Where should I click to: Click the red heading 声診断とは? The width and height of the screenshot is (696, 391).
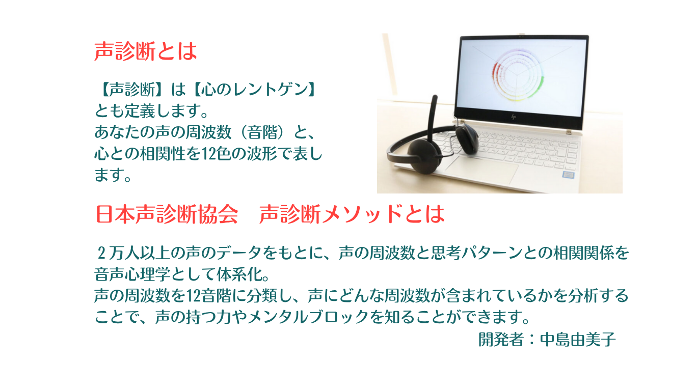coord(146,51)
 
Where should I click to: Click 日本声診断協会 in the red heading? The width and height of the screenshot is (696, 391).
coord(167,214)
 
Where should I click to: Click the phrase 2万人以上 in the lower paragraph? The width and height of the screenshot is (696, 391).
coord(133,253)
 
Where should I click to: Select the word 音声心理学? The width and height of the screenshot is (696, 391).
coord(132,274)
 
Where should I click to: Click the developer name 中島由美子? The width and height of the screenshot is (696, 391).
coord(578,339)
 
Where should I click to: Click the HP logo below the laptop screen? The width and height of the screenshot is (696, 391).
coord(513,117)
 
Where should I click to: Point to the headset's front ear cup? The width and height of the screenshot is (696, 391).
coord(424,156)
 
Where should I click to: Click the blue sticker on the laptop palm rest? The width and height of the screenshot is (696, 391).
coord(568,175)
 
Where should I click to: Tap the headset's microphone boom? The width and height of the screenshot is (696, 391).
coord(431,118)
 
